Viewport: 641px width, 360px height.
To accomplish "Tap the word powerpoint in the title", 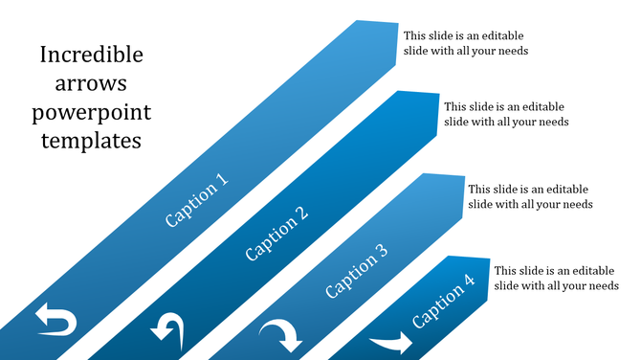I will (x=91, y=112).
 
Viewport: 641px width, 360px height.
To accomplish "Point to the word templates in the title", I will (x=91, y=141).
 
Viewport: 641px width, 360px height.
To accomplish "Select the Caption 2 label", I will (x=276, y=233).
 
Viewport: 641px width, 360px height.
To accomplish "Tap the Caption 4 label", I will (x=443, y=302).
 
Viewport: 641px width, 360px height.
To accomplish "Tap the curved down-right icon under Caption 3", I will (x=282, y=337).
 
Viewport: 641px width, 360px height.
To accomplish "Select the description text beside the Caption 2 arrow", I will (x=506, y=114).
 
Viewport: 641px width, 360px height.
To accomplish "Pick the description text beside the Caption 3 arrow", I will (x=529, y=196).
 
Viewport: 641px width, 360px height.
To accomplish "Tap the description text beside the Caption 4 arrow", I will (x=556, y=278).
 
